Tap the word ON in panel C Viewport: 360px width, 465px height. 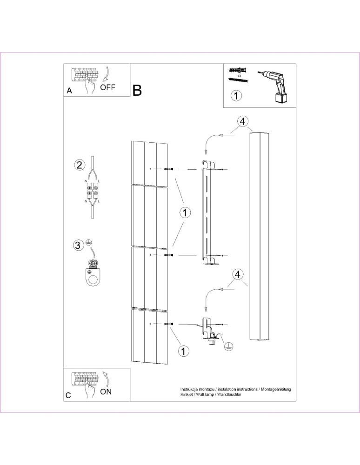pos(106,392)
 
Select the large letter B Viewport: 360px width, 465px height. pos(137,91)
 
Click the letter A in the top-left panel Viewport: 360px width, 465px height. pos(69,92)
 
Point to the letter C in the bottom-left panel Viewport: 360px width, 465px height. pos(69,395)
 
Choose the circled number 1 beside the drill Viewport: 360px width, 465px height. pos(236,96)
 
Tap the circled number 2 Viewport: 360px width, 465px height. pos(80,165)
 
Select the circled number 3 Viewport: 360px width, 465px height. pos(79,245)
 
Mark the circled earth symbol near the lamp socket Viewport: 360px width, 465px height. pos(228,346)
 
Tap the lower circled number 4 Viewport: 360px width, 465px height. pos(238,274)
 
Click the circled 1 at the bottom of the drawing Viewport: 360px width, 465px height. pos(184,350)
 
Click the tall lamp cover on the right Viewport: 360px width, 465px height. pos(259,237)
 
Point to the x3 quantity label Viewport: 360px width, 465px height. pos(239,75)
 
